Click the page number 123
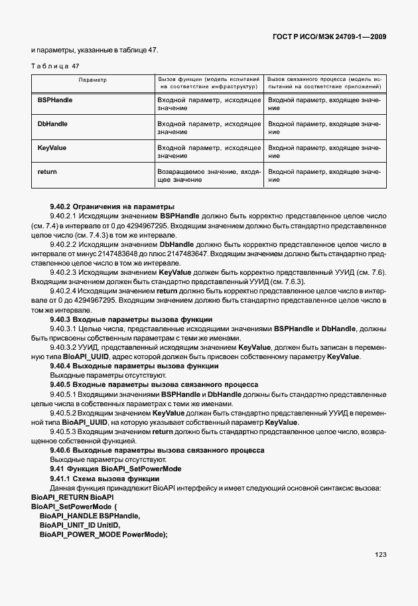[380, 555]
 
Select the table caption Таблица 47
[55, 66]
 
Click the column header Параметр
[93, 79]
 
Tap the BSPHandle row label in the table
[56, 100]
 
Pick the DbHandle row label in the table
[53, 123]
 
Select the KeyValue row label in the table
[52, 147]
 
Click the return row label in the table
[48, 171]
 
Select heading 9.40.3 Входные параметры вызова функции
[131, 319]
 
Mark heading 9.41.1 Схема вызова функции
[104, 479]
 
